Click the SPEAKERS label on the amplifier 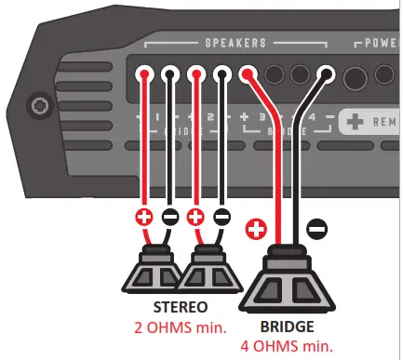pyautogui.click(x=235, y=43)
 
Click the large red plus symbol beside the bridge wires pyautogui.click(x=256, y=228)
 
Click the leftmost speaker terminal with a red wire pyautogui.click(x=145, y=76)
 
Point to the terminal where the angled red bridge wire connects pyautogui.click(x=249, y=76)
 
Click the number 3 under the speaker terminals pyautogui.click(x=261, y=118)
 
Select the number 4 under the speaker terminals pyautogui.click(x=312, y=118)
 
